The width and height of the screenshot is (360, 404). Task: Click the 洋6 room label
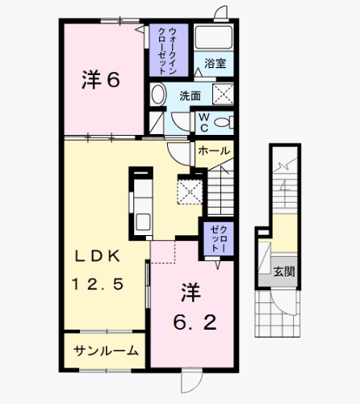(x=100, y=80)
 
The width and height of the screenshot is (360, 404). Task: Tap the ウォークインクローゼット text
(x=169, y=48)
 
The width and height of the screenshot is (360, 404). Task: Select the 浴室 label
(x=214, y=63)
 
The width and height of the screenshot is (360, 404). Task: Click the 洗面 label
(x=190, y=95)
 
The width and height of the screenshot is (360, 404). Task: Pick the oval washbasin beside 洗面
(x=158, y=94)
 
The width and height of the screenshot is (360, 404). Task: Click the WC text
(x=205, y=122)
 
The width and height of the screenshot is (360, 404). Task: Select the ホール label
(x=213, y=151)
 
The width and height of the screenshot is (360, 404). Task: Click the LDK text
(x=98, y=256)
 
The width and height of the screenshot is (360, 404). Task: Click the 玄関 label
(x=283, y=271)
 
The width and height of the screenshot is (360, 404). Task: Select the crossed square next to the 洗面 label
(x=222, y=95)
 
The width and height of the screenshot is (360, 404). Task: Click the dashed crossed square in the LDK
(x=191, y=191)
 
